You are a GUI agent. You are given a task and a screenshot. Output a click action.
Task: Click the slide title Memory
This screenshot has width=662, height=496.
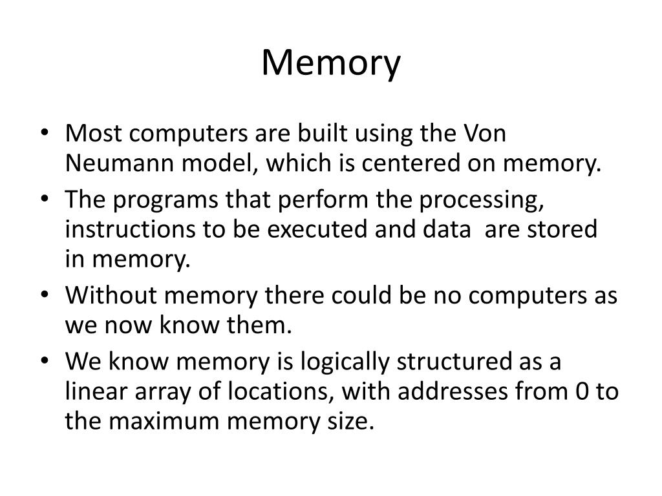coord(331,64)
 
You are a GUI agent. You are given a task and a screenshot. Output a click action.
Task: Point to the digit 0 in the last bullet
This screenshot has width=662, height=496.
coord(580,392)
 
